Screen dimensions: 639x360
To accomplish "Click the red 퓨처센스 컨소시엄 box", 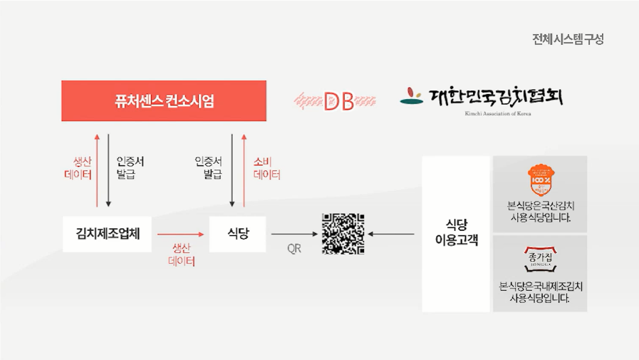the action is click(x=163, y=101).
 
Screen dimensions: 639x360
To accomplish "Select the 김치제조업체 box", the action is click(x=107, y=234).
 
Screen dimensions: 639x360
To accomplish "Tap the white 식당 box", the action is click(x=237, y=234).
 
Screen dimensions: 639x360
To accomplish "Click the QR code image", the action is click(x=343, y=234).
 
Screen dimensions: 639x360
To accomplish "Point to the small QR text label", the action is click(x=294, y=249).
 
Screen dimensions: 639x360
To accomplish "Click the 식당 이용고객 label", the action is click(x=456, y=234).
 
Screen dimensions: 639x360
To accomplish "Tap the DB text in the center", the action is click(x=338, y=102).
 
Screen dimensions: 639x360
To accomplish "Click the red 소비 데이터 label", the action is click(x=267, y=168).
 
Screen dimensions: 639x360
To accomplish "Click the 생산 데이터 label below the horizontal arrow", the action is click(x=182, y=254).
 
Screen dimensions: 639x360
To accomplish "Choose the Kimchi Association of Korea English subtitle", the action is click(x=498, y=113).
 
